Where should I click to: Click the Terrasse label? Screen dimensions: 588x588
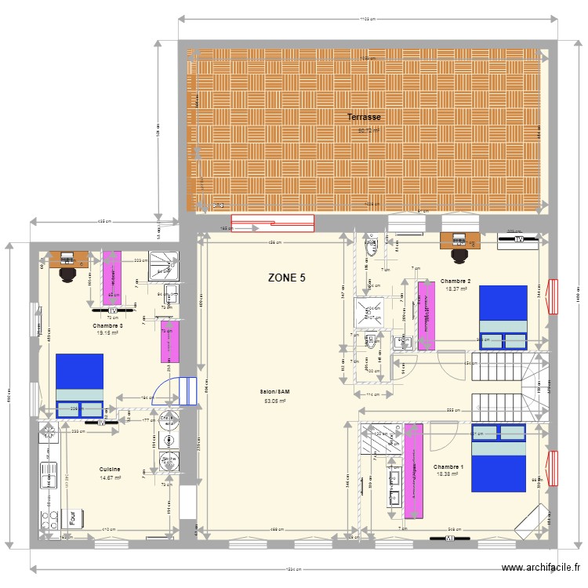click(x=364, y=118)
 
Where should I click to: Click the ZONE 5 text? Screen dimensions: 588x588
click(x=287, y=278)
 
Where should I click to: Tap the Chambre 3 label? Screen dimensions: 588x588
click(x=107, y=325)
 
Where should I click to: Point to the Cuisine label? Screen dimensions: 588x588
click(x=110, y=469)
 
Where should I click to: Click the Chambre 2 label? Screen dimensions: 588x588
click(x=456, y=281)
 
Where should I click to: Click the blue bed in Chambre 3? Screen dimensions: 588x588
click(x=79, y=385)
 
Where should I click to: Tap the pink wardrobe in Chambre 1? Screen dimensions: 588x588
click(x=413, y=470)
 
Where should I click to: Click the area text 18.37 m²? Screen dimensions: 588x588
click(x=456, y=289)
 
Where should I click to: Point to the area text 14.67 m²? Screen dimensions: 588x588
click(x=110, y=477)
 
